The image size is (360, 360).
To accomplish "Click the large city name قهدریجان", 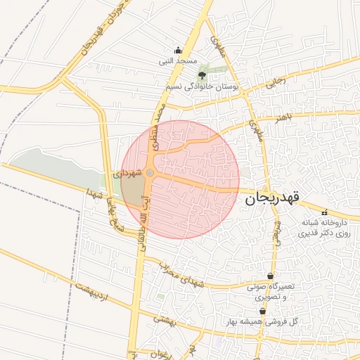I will (x=273, y=199).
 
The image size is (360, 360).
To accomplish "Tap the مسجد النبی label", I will (x=177, y=61).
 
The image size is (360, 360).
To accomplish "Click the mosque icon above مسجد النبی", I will (x=177, y=50).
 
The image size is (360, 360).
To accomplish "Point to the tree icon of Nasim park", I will (x=202, y=74).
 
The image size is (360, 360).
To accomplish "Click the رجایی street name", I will (x=276, y=83).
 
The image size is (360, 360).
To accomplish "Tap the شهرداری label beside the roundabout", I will (x=128, y=172).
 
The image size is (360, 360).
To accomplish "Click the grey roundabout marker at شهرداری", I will (x=149, y=172).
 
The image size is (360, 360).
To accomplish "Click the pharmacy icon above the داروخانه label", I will (x=323, y=212).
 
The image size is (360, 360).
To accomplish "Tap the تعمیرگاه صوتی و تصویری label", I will (x=274, y=292).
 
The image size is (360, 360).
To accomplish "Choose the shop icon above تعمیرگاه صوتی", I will (x=271, y=276).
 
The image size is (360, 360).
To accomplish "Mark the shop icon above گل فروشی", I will (x=262, y=311).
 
